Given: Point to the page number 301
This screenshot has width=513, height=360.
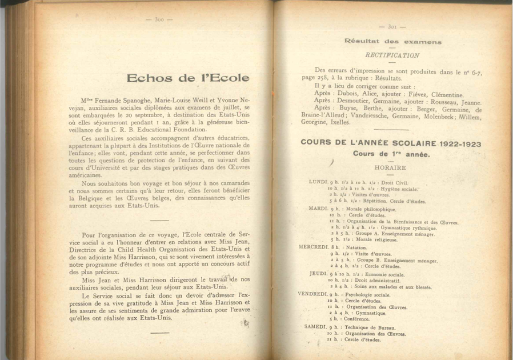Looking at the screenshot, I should (392, 26).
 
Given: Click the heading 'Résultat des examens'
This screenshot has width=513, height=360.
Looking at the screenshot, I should (393, 42).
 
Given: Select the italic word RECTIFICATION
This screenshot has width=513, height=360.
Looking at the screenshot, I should (392, 55).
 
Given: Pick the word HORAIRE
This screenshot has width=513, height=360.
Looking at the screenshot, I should (390, 168).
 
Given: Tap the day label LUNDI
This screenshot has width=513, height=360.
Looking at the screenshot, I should (318, 181).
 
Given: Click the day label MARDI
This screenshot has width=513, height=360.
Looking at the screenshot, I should (318, 208).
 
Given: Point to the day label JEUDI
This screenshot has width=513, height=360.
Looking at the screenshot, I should (318, 274).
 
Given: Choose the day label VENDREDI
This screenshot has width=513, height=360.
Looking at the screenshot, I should (312, 294).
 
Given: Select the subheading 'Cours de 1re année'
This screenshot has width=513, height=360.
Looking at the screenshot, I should (391, 154).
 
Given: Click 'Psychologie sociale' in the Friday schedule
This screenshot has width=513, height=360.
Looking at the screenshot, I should (371, 295).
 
